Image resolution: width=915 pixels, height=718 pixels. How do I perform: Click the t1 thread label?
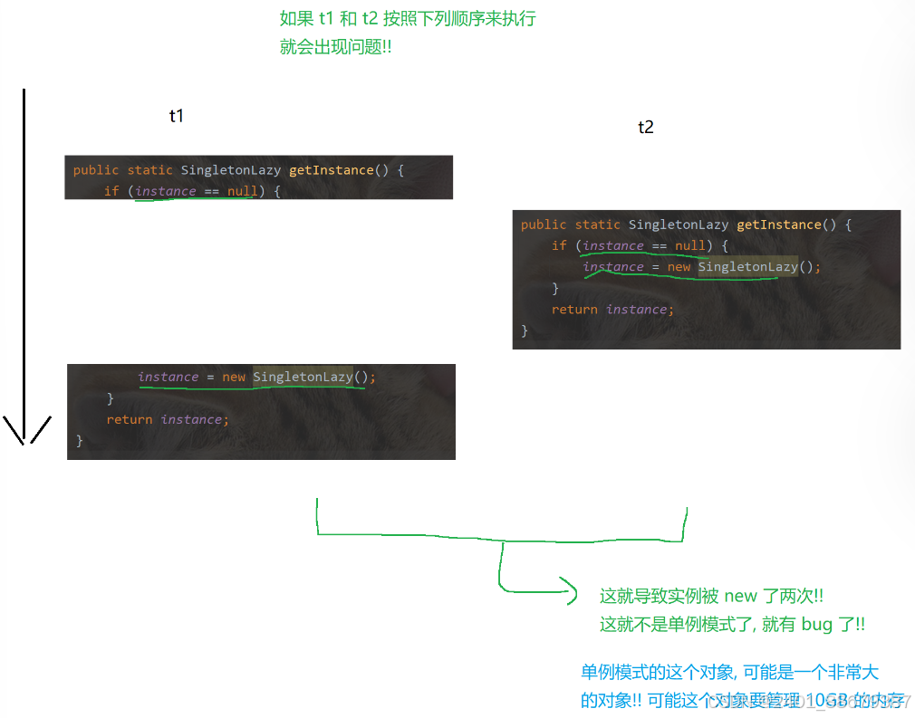(176, 116)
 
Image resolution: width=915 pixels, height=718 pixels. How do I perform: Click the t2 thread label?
(646, 128)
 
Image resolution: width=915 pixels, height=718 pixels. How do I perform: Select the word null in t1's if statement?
(242, 191)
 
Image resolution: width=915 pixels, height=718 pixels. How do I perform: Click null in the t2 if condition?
(689, 245)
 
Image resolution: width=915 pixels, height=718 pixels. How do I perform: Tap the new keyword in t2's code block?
(679, 267)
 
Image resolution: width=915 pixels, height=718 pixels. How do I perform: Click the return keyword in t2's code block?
(574, 310)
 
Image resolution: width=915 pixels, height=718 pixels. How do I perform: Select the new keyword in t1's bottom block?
(234, 377)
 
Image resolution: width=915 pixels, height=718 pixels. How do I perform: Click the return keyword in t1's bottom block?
(129, 419)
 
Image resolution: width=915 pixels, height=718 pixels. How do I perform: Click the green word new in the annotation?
(740, 596)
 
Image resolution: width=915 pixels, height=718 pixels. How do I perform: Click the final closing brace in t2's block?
(525, 330)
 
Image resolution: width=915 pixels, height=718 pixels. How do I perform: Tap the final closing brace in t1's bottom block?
(80, 440)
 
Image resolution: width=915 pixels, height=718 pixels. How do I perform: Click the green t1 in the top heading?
(327, 19)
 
